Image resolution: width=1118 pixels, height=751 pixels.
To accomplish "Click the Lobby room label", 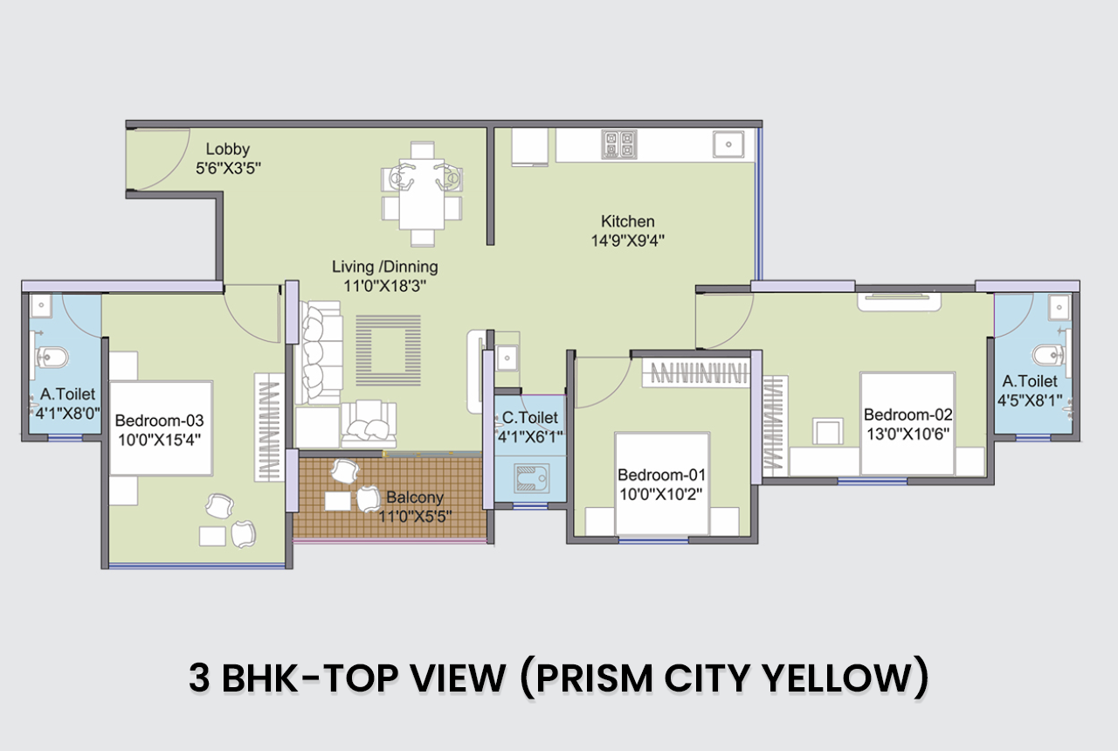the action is click(228, 149).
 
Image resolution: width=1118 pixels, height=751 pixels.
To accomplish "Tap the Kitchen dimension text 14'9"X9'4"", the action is click(627, 240).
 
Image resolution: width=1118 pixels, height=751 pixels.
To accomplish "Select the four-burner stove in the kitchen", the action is click(619, 144).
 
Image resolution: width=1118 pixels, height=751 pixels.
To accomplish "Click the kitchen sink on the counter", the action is click(728, 144).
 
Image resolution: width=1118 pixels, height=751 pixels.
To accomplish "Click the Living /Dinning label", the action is click(385, 267).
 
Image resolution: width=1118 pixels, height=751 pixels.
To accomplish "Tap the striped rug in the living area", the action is click(389, 351).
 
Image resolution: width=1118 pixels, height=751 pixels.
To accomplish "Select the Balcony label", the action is click(415, 497).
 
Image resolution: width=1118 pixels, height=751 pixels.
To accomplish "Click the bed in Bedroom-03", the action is click(161, 428).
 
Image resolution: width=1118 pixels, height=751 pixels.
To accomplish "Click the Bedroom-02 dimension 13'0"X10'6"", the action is click(908, 435).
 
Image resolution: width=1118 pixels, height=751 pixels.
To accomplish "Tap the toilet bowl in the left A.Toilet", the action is click(51, 356).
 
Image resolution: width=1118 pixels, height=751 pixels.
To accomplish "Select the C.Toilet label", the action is click(530, 417).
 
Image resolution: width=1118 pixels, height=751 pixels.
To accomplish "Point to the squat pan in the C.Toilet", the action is click(532, 477).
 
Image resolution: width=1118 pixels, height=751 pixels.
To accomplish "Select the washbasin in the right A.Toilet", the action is click(1059, 307).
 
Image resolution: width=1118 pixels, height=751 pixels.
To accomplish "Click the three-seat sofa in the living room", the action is click(319, 352).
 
